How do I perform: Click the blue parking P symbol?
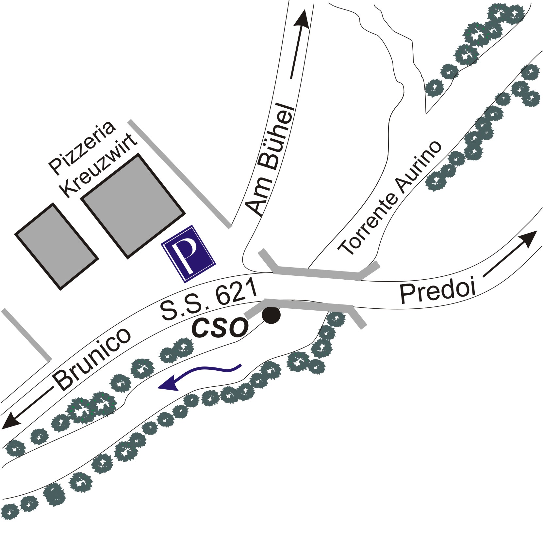pyautogui.click(x=189, y=254)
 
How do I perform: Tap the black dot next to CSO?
pyautogui.click(x=271, y=316)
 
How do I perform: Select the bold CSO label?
pyautogui.click(x=219, y=328)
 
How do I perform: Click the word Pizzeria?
pyautogui.click(x=82, y=147)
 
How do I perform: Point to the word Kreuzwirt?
pyautogui.click(x=100, y=166)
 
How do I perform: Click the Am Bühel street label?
pyautogui.click(x=270, y=160)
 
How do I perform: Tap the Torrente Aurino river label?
pyautogui.click(x=389, y=198)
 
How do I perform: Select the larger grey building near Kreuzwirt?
pyautogui.click(x=133, y=206)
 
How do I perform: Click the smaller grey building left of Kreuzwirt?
pyautogui.click(x=57, y=246)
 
